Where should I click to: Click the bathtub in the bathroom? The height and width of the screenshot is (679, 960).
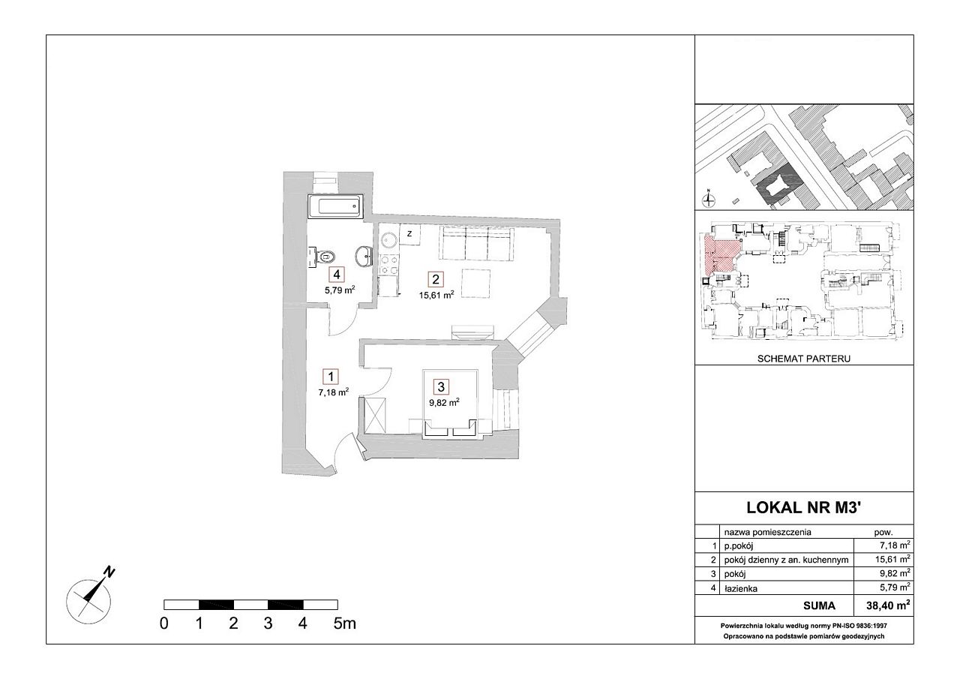tap(335, 206)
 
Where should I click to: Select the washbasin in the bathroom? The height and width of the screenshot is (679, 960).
tap(364, 257)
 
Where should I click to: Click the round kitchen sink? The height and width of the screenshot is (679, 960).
tap(389, 240)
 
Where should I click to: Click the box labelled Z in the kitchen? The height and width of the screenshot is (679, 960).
tap(409, 234)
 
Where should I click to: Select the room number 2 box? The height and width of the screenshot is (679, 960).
tap(436, 280)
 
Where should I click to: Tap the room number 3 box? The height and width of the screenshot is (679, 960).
tap(442, 387)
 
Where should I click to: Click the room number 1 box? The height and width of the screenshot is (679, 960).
tap(331, 377)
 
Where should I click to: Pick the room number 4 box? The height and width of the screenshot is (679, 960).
tap(337, 275)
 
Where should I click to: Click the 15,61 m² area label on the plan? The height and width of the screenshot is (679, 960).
tap(436, 295)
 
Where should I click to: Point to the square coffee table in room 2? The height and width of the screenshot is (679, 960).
tap(475, 283)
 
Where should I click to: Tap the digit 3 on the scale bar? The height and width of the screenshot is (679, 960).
tap(268, 623)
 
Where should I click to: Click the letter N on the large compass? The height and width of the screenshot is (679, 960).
tap(109, 572)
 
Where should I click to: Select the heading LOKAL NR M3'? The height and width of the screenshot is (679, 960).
tap(803, 507)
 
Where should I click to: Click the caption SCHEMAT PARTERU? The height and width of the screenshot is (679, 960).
tap(803, 359)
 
